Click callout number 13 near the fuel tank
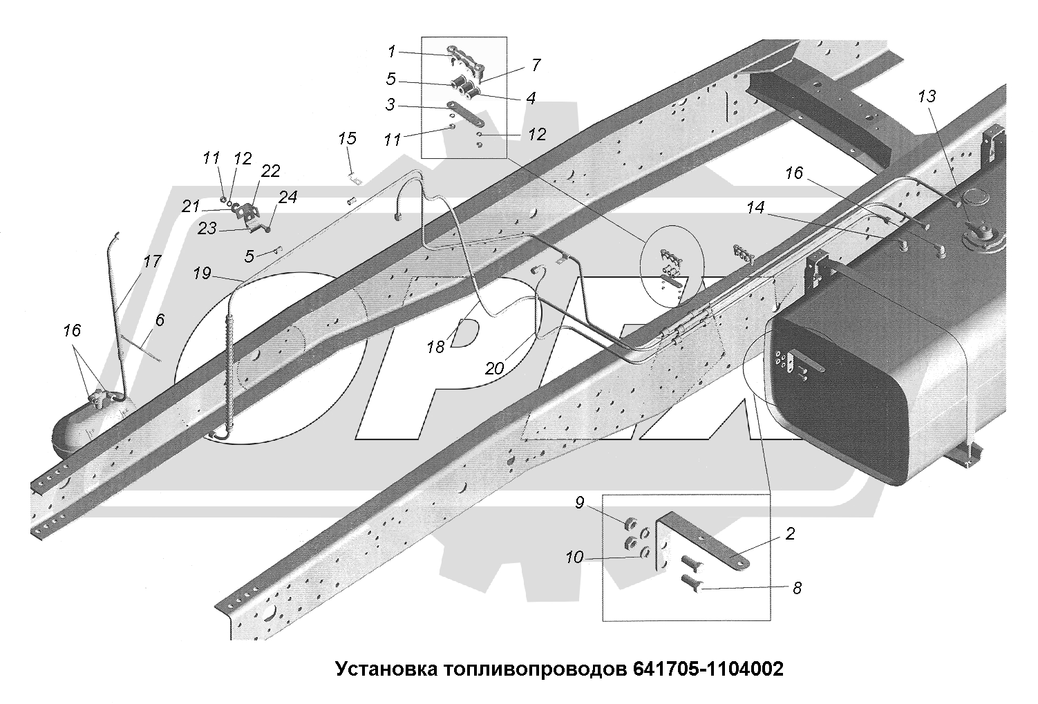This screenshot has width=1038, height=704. click(x=927, y=96)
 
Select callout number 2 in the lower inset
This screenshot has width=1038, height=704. click(x=790, y=533)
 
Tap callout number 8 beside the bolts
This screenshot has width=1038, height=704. click(x=797, y=588)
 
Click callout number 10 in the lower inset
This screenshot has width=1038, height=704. click(x=574, y=557)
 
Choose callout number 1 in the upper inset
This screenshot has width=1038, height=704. click(x=391, y=51)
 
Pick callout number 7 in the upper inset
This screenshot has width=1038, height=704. click(x=536, y=66)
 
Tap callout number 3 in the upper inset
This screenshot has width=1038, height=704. click(x=391, y=105)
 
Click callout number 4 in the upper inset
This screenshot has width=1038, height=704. click(x=530, y=98)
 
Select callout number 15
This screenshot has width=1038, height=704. click(x=347, y=138)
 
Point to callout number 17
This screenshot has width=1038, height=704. click(x=152, y=261)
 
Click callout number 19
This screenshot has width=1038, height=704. click(x=202, y=274)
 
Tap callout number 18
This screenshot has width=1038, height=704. click(x=435, y=347)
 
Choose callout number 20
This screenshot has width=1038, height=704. click(x=494, y=368)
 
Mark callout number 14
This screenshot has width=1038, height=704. click(x=757, y=207)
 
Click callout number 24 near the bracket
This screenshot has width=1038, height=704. click(x=287, y=198)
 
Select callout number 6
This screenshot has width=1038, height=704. click(x=160, y=320)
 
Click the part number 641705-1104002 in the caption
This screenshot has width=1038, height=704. click(x=707, y=669)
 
